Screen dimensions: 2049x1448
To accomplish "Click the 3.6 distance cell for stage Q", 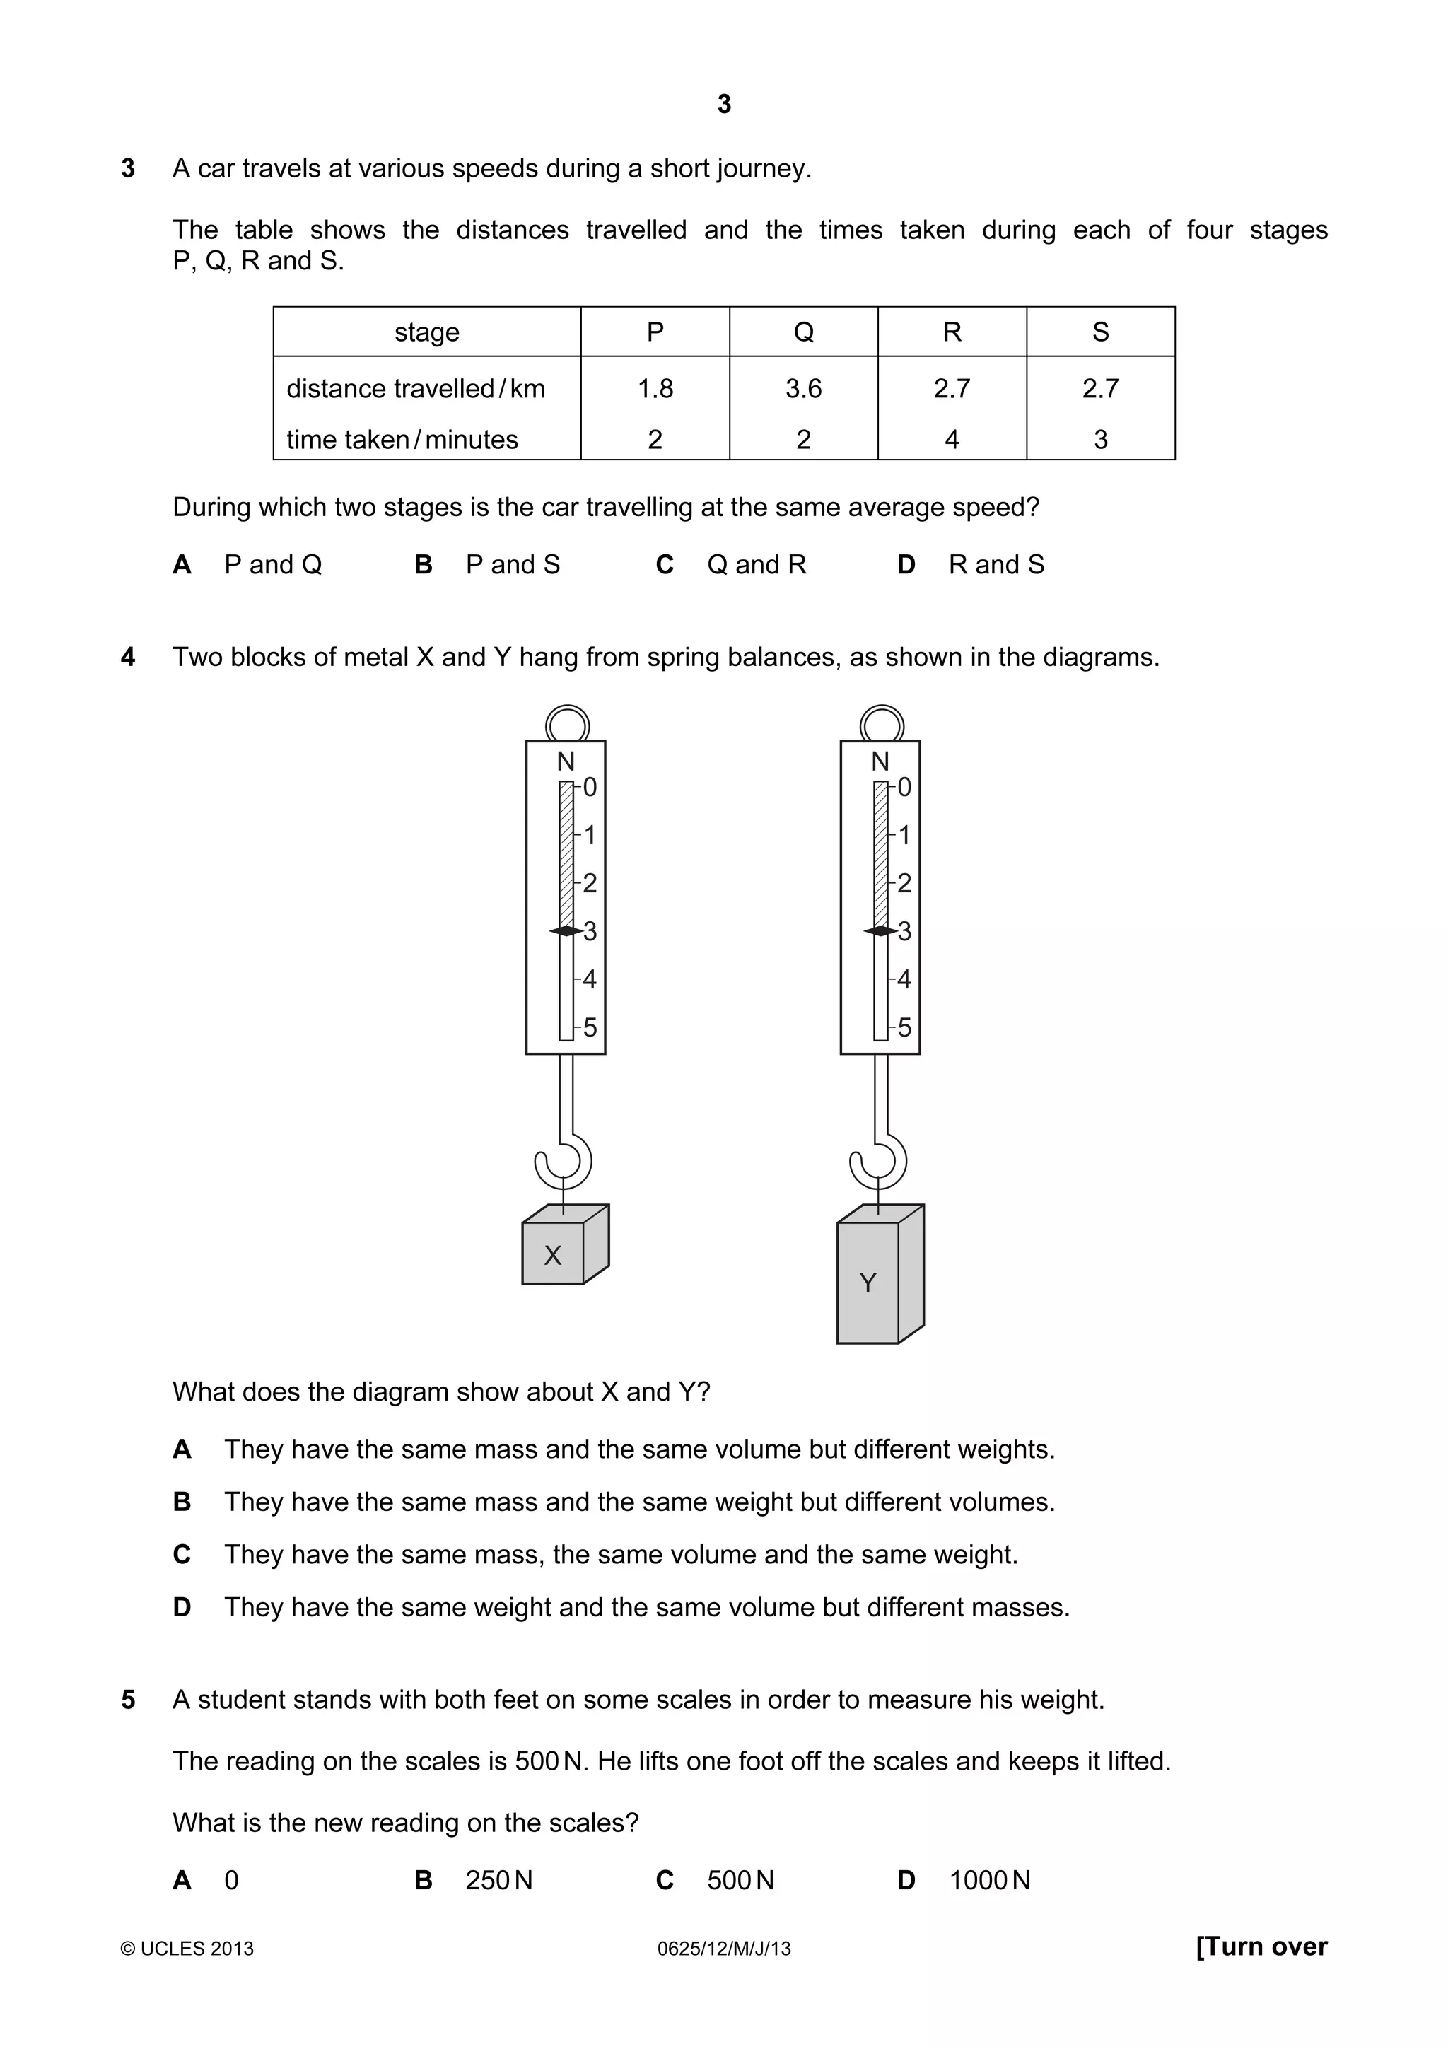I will click(x=803, y=388).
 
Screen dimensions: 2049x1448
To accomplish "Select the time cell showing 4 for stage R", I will click(x=952, y=439).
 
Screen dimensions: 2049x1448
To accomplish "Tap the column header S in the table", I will click(x=1100, y=332).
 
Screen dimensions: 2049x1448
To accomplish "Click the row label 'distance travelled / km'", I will click(x=415, y=388).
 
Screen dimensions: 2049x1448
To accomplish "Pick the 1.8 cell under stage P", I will click(x=655, y=388).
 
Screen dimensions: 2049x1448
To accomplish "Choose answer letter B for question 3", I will click(x=424, y=564).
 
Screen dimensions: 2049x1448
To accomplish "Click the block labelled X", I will click(x=553, y=1253).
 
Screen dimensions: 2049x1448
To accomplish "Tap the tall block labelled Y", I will click(x=868, y=1282).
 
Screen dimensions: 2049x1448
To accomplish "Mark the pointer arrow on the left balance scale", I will click(x=566, y=930).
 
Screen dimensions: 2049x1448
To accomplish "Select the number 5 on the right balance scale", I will click(x=905, y=1027).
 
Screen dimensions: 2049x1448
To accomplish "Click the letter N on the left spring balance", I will click(x=566, y=761).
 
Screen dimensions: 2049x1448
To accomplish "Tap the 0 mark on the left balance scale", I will click(x=590, y=787).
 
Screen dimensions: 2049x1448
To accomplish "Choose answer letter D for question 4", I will click(x=182, y=1607).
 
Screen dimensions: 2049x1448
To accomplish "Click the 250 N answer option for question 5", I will click(x=498, y=1880).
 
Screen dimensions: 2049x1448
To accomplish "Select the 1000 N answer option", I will click(x=988, y=1880).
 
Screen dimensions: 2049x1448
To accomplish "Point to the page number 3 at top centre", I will click(x=723, y=105).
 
